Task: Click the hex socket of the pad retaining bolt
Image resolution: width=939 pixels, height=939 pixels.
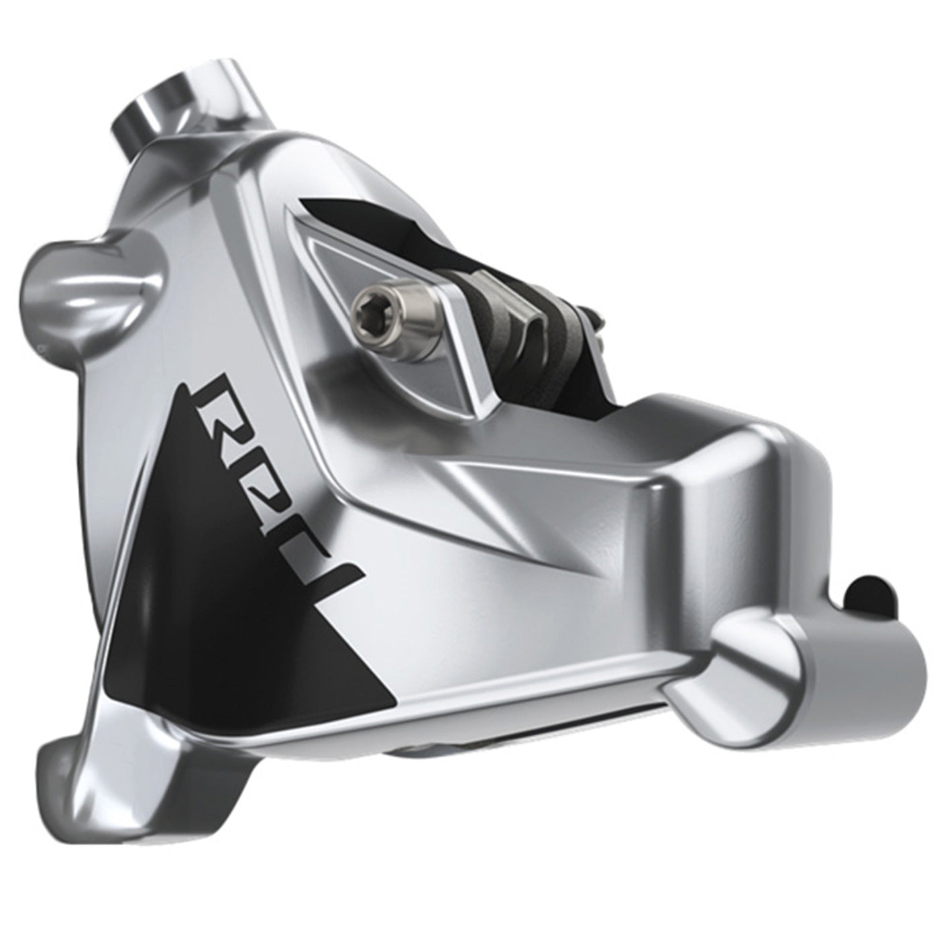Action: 364,307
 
